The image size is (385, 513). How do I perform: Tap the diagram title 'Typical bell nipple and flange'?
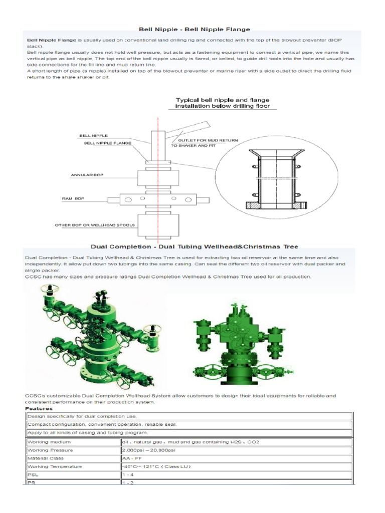tap(222, 100)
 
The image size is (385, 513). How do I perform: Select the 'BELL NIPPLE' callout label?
tap(93, 135)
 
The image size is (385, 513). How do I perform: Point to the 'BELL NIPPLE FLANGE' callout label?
tap(107, 143)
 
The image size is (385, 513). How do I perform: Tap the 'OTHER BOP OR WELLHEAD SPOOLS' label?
tap(94, 225)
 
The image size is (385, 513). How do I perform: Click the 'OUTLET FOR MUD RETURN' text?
tap(205, 140)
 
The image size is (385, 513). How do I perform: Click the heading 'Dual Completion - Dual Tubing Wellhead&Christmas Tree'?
tap(194, 246)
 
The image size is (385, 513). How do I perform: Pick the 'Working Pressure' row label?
tap(48, 450)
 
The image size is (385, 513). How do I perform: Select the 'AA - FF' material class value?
tap(132, 458)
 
